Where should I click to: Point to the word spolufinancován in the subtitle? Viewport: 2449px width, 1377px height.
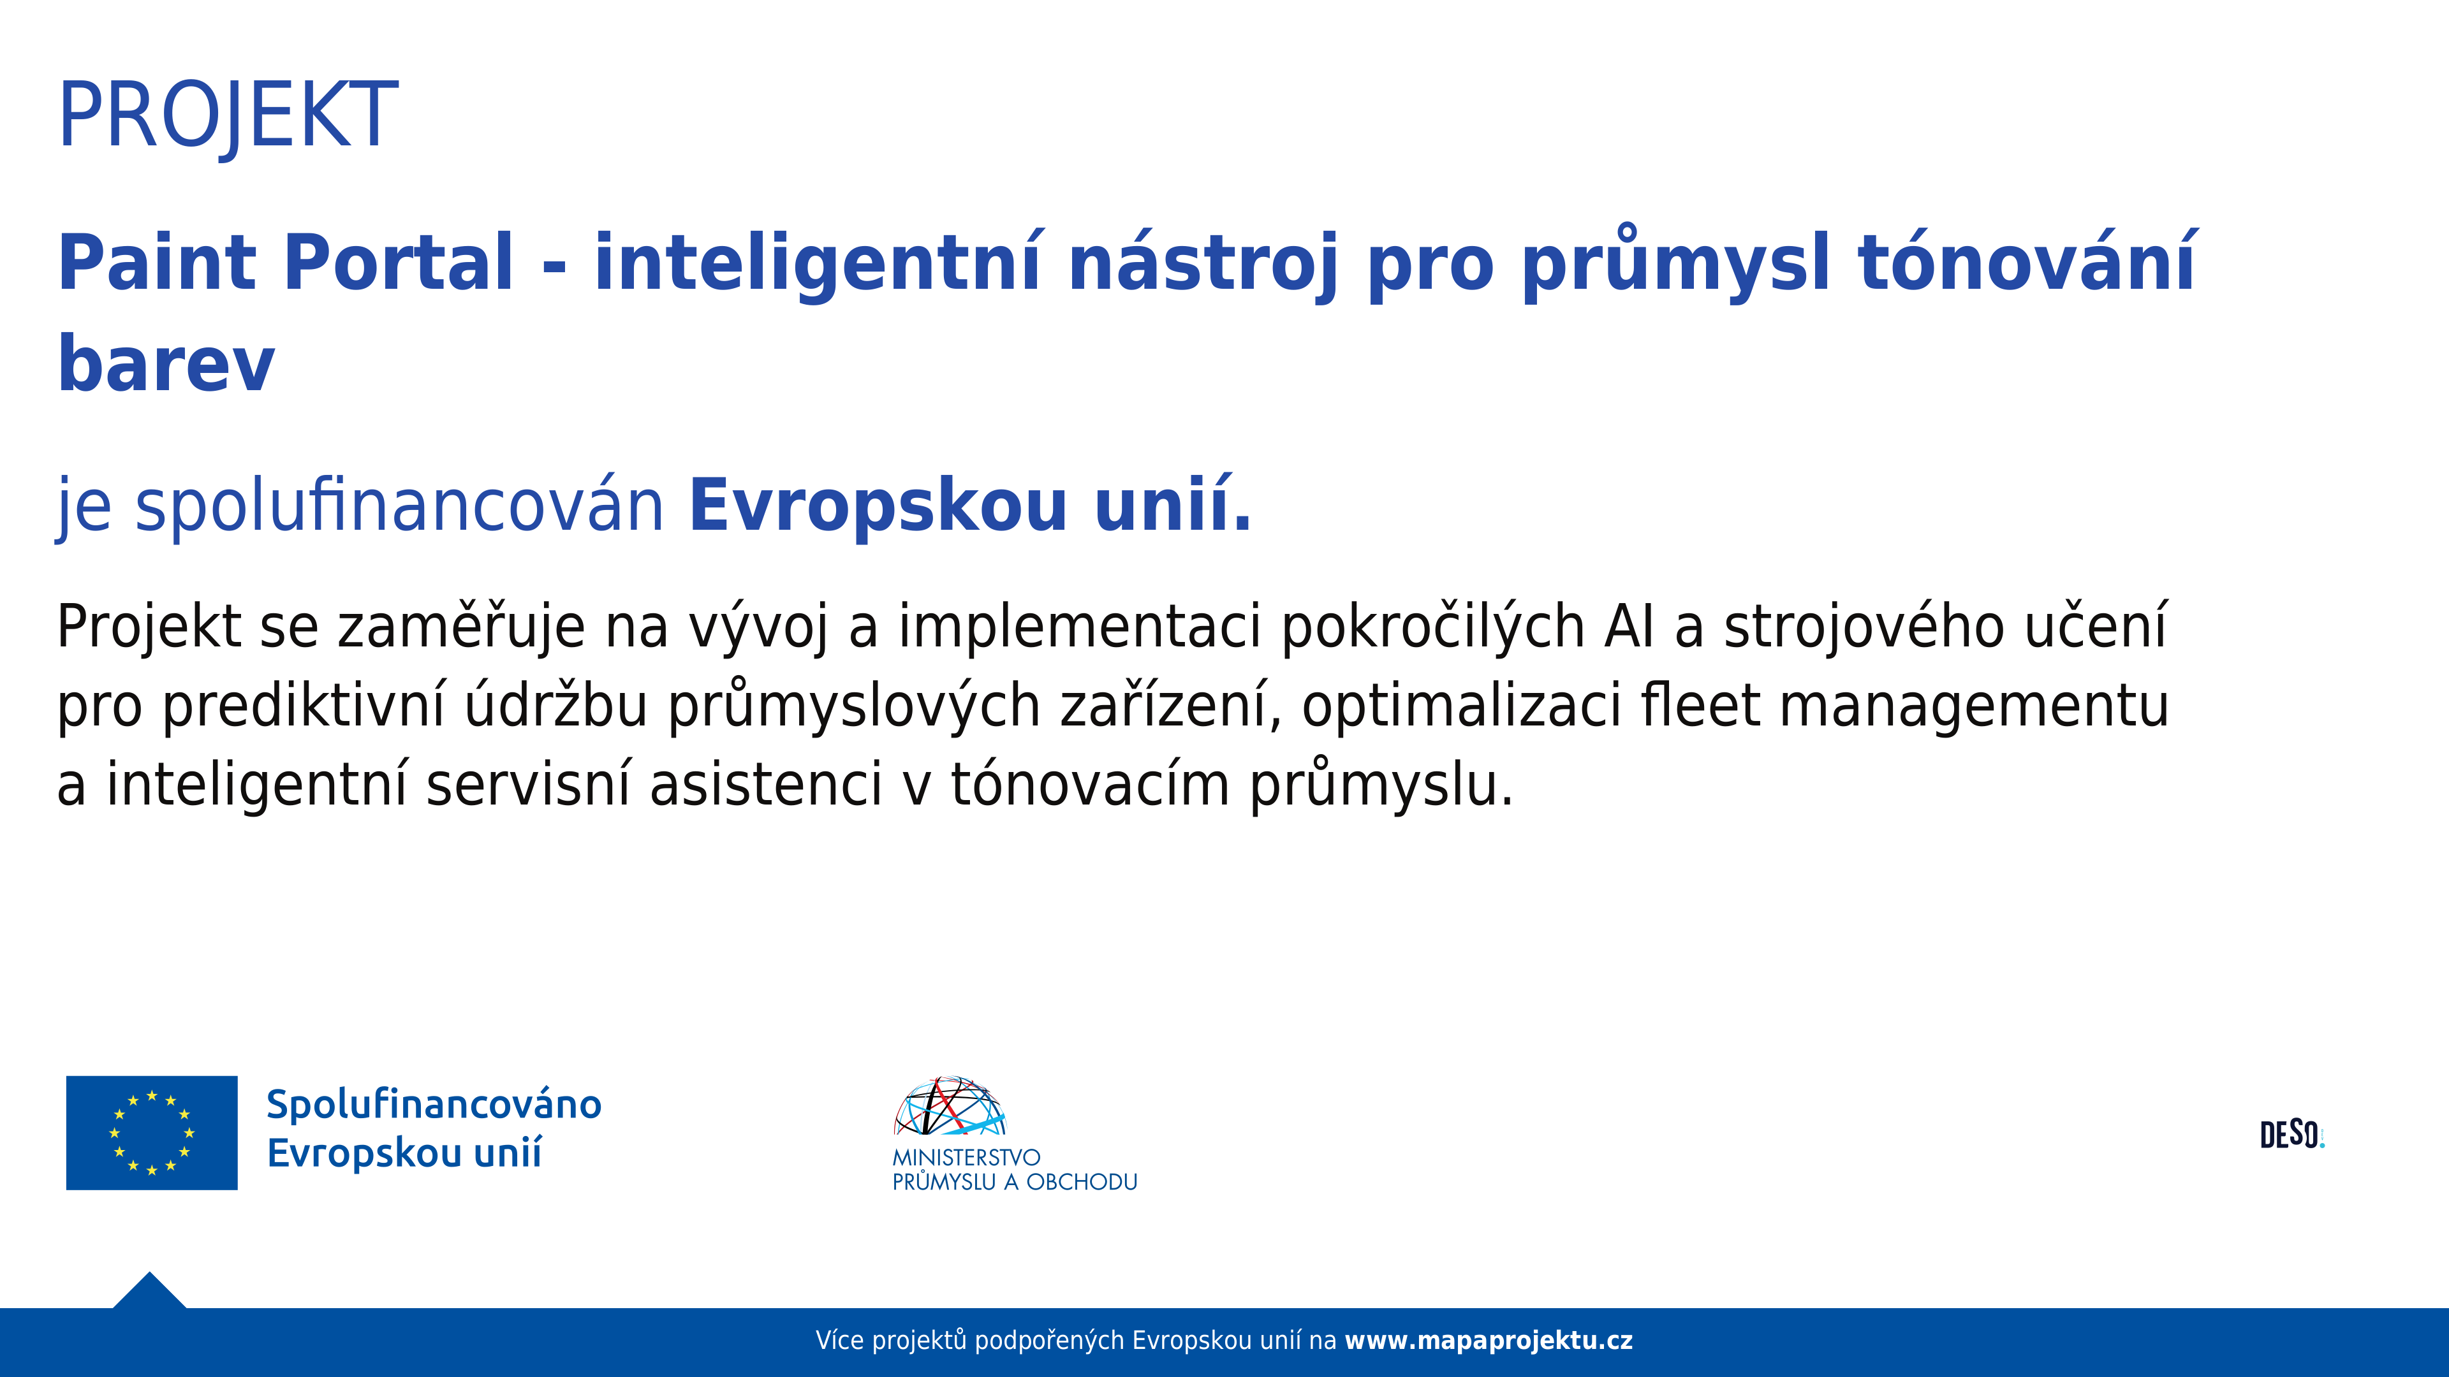399,507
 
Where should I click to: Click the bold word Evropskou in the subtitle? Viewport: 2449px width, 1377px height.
879,507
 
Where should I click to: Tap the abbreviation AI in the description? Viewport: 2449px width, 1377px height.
1629,627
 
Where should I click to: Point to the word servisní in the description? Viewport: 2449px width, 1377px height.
527,784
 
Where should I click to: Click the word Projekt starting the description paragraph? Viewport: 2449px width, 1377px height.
149,628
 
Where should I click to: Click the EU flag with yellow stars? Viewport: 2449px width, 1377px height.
152,1133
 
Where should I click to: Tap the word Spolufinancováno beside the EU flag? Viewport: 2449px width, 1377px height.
434,1104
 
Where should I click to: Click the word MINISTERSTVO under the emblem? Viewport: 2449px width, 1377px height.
966,1158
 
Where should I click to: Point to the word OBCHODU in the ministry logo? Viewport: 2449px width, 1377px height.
1082,1182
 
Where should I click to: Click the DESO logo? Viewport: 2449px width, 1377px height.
2292,1135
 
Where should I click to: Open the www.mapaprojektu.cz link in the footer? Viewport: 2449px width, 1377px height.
1489,1341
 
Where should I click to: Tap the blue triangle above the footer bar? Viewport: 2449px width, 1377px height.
149,1292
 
